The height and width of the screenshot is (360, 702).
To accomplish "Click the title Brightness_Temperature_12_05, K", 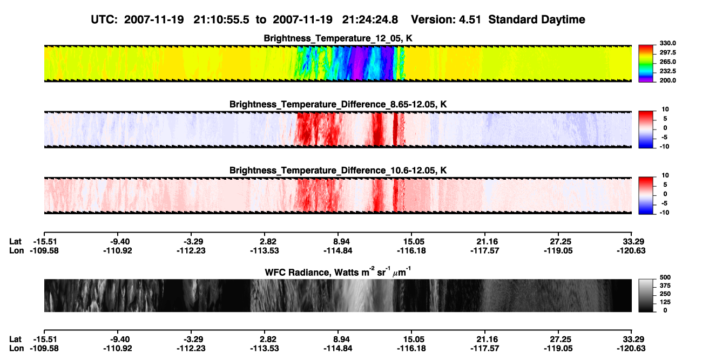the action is tap(338, 38).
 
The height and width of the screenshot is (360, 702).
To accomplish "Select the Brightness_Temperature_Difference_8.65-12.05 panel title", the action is tap(338, 104).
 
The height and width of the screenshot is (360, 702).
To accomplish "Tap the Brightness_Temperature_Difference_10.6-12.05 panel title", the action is tap(338, 171).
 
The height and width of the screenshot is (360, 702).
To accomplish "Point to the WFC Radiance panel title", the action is tap(338, 272).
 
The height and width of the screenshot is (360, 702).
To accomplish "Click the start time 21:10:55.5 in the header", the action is tap(221, 19).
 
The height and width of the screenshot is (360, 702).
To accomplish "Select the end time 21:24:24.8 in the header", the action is tap(370, 19).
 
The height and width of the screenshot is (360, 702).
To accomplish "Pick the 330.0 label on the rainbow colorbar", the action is tap(667, 43).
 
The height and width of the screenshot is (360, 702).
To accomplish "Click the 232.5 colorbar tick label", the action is tap(667, 71).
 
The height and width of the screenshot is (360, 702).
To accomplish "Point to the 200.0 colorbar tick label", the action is tap(667, 80).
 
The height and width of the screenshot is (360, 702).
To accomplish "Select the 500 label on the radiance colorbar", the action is tap(665, 277).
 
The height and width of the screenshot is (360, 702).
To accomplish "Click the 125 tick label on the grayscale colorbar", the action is tap(665, 302).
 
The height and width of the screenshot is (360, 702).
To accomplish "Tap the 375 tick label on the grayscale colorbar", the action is tap(665, 286).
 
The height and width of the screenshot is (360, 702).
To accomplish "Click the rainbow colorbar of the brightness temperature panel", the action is tap(646, 64).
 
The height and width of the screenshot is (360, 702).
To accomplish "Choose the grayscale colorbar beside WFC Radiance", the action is tap(646, 295).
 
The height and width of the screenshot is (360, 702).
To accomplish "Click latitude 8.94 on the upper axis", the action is tap(341, 242).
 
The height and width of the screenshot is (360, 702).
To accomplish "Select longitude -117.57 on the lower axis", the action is tap(484, 349).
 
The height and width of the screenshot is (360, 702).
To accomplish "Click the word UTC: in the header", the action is tap(104, 19).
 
